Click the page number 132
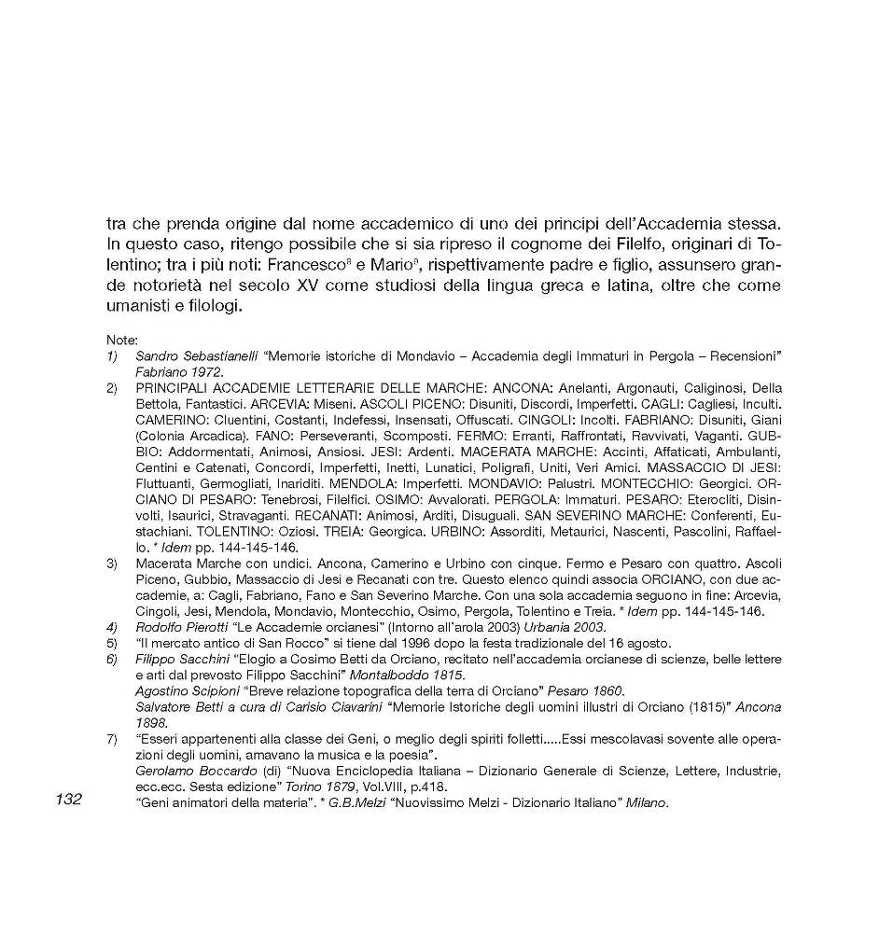(x=69, y=799)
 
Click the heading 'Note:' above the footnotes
(x=120, y=341)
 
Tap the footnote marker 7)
(x=112, y=738)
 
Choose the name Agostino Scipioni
(x=187, y=690)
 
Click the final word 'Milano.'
(x=648, y=803)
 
